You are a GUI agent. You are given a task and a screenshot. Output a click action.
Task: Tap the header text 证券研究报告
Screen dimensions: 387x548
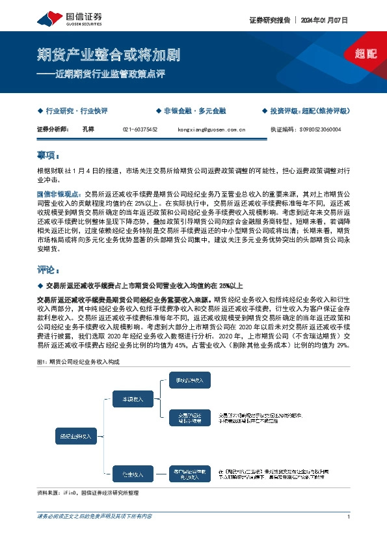pos(269,20)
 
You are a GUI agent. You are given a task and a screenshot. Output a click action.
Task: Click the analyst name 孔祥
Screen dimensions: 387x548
pos(89,130)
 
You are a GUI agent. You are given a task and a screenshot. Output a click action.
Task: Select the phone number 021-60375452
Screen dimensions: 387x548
pos(140,130)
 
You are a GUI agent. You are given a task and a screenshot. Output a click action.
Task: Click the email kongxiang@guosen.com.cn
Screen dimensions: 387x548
pos(211,130)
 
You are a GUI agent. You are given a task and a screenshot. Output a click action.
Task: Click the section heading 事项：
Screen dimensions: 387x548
pos(49,156)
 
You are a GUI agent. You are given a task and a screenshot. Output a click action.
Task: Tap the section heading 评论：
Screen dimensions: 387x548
pos(49,269)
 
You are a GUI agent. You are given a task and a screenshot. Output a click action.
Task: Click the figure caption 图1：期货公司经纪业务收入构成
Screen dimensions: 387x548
pos(79,361)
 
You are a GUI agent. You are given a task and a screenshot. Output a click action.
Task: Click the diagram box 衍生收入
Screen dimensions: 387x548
pos(133,473)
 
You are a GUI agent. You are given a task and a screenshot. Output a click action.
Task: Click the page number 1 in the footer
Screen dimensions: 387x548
pos(349,517)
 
